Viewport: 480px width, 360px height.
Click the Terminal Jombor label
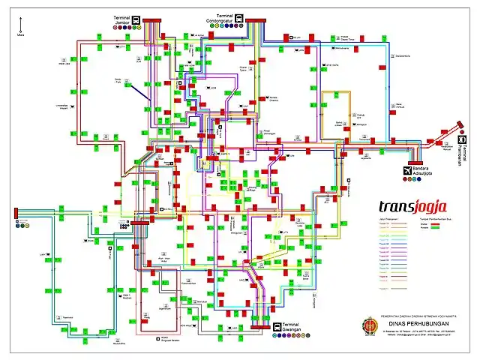(121, 19)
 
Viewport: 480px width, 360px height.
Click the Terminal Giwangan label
(295, 328)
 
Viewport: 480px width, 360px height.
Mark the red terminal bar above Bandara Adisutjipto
(415, 163)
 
